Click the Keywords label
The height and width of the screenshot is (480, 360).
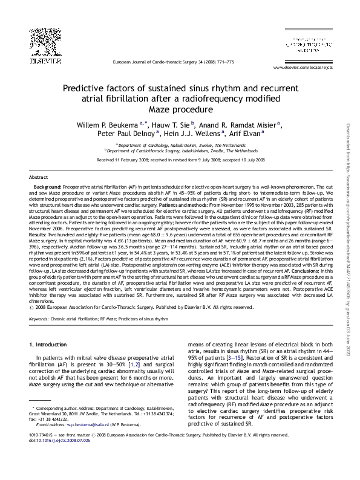(x=39, y=317)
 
